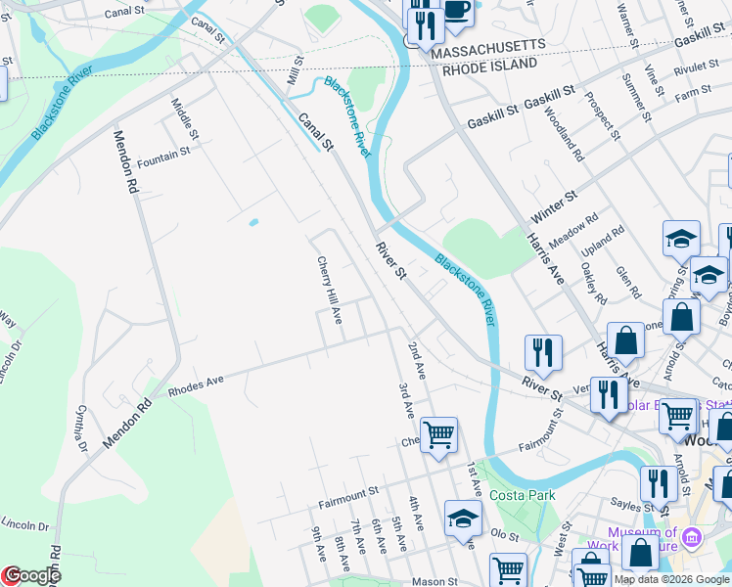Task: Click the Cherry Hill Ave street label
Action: [329, 291]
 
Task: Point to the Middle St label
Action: [185, 117]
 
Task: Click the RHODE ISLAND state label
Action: [489, 64]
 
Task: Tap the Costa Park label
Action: [523, 496]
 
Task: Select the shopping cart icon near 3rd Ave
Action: [438, 433]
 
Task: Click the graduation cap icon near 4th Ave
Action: [463, 518]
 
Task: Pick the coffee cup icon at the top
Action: [456, 10]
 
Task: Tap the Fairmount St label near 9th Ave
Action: [348, 505]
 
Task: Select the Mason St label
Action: [433, 581]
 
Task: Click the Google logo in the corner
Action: [31, 576]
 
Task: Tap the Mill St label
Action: [292, 76]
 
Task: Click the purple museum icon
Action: [692, 537]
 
